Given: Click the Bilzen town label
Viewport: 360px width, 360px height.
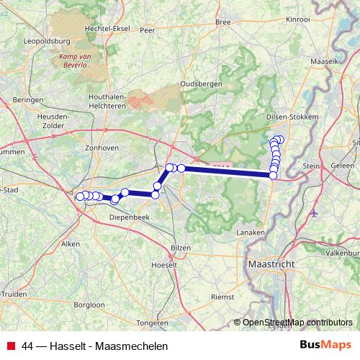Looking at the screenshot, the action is [x=181, y=248].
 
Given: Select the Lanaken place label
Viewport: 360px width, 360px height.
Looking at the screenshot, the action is [x=250, y=233].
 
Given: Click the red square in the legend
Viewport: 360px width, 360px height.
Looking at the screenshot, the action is [x=11, y=346].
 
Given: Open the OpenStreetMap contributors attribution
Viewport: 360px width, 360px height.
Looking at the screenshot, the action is [x=297, y=323].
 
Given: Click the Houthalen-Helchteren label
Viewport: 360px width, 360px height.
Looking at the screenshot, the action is [x=96, y=101].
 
